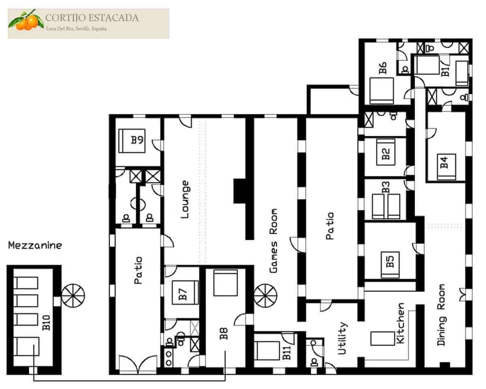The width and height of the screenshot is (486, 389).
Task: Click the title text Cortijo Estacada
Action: coord(92,18)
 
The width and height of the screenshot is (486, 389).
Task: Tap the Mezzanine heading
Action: coord(35,245)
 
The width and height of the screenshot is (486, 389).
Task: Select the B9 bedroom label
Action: coord(137,140)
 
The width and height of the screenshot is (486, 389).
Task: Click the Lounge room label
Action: coord(185,200)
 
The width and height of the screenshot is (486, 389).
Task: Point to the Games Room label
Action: coord(274,241)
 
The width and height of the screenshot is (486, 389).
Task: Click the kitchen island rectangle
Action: coord(382,338)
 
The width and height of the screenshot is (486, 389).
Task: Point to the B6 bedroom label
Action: coord(382,68)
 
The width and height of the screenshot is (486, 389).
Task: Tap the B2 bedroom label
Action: coord(386,154)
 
